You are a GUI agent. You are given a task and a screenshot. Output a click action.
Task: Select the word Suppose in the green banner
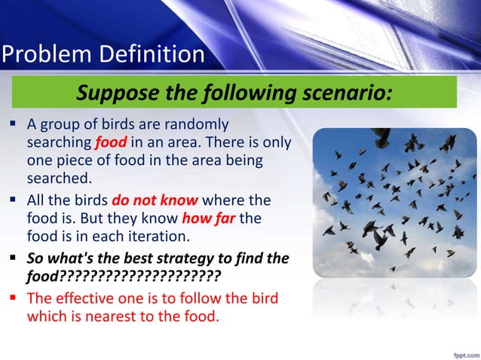[119, 95]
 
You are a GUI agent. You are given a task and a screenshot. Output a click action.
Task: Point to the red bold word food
[109, 142]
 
